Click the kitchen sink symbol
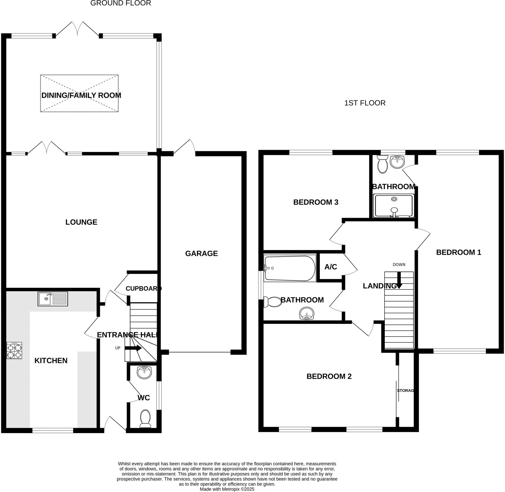[53, 299]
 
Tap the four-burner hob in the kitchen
[14, 350]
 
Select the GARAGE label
[201, 253]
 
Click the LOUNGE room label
[81, 222]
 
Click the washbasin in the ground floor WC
[144, 372]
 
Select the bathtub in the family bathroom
[290, 268]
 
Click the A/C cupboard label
[331, 267]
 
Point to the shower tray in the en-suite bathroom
[394, 206]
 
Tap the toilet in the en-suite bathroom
[382, 164]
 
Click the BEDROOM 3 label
[316, 202]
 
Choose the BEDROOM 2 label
[329, 376]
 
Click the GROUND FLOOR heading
[121, 3]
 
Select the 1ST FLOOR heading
[364, 103]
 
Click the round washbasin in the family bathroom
[307, 314]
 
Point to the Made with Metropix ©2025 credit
[227, 489]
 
